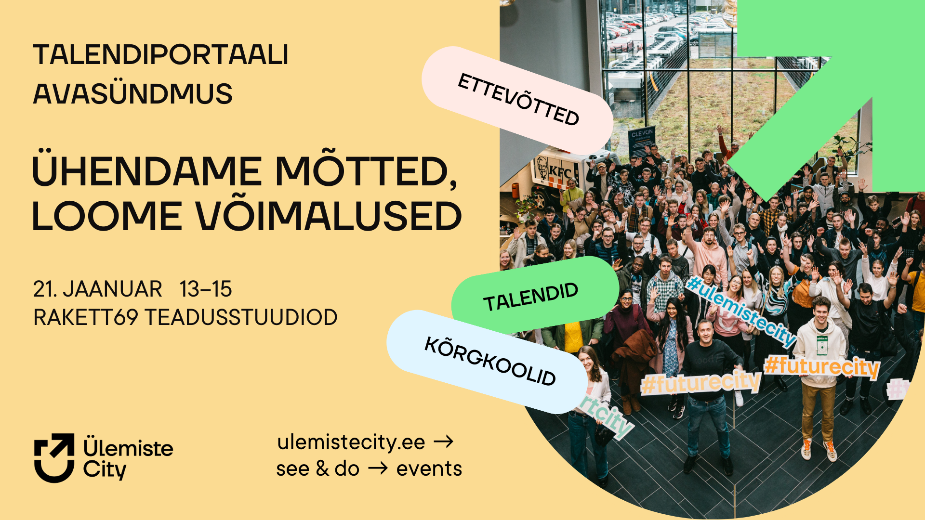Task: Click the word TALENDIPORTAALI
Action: click(x=161, y=54)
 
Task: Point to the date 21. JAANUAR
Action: click(x=98, y=289)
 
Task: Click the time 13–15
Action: click(x=206, y=289)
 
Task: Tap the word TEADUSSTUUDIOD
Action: click(x=241, y=317)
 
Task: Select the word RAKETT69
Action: click(x=86, y=317)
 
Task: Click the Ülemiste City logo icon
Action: click(x=54, y=457)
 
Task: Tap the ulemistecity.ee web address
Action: click(x=351, y=442)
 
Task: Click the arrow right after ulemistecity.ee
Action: click(x=444, y=442)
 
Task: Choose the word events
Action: click(x=429, y=468)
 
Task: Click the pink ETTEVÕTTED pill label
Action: click(x=518, y=100)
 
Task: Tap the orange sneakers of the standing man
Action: click(x=818, y=449)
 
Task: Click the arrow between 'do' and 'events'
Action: click(x=378, y=468)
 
